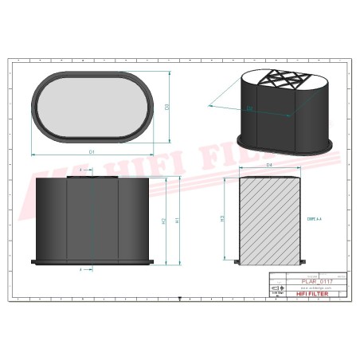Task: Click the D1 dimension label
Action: [92, 151]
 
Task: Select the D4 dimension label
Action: [269, 165]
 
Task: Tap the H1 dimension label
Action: [178, 220]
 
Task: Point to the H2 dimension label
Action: [162, 220]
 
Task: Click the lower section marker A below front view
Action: [82, 270]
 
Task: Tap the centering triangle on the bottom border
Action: [180, 298]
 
